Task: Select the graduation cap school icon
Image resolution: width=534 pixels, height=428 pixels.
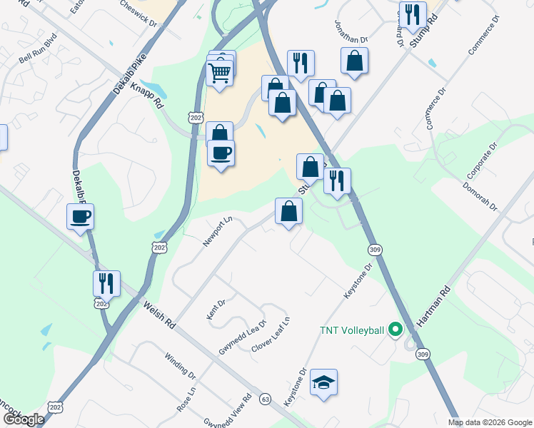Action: pos(323,382)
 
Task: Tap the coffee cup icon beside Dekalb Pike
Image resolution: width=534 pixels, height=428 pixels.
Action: pos(80,216)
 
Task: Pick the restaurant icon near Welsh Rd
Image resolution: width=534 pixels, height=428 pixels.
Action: pos(106,283)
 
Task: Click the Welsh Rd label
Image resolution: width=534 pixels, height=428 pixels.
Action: pos(159,313)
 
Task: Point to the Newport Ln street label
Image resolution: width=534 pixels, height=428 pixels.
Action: pos(218,233)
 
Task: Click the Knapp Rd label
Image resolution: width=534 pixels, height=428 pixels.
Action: pos(147,94)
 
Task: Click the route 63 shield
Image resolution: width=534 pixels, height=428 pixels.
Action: pos(266,398)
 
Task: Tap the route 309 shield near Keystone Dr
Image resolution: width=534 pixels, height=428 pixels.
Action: pos(375,249)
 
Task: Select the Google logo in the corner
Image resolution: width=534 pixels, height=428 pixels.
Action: pos(24,419)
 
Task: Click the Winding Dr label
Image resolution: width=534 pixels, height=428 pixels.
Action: pos(180,365)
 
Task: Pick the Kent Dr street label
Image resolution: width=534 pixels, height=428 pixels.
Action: pos(216,310)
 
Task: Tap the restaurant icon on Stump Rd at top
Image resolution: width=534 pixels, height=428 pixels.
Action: pos(413,14)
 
